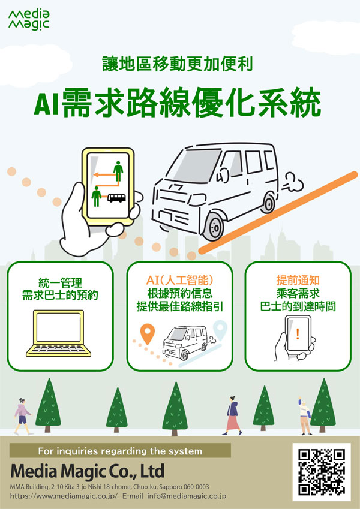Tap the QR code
(322, 472)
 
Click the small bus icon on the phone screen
(116, 198)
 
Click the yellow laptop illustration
(58, 333)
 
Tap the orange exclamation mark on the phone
(297, 334)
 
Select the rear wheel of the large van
(268, 203)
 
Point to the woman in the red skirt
(232, 415)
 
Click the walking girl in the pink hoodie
(23, 416)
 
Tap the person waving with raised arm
(304, 416)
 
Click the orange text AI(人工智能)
(179, 280)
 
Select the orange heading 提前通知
(298, 280)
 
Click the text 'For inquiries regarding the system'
(120, 451)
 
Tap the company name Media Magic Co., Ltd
(88, 471)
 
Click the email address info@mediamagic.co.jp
(187, 496)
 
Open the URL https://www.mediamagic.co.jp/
(64, 496)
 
